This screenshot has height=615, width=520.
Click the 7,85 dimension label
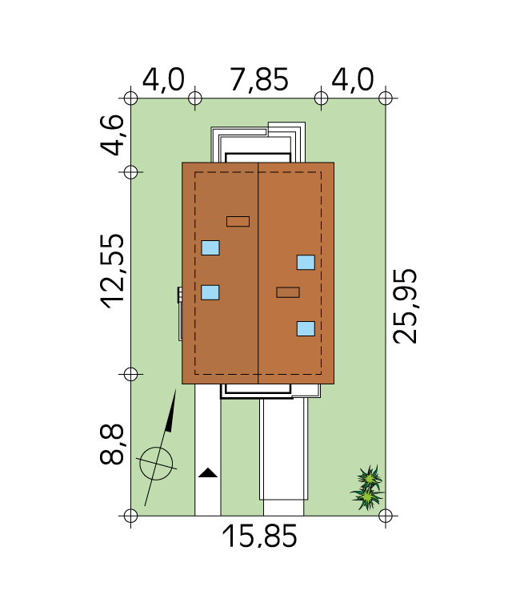pos(258,80)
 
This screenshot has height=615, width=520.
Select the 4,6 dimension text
pos(113,135)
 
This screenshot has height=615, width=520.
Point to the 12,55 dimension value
pos(113,271)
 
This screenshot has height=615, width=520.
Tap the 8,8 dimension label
pos(113,444)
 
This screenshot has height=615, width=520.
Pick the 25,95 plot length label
pos(405,307)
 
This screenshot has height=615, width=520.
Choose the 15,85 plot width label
pos(259,537)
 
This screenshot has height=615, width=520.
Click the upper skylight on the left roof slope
pos(210,248)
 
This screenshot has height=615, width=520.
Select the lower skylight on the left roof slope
pos(210,292)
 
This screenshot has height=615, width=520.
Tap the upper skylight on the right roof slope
pos(306,263)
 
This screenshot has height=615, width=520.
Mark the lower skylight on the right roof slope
pos(306,328)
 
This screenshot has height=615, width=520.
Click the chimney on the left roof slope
pos(238,222)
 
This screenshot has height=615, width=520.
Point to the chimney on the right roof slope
pos(288,292)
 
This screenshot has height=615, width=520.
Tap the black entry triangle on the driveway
pos(208,472)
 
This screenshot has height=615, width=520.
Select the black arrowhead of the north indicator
pos(171,411)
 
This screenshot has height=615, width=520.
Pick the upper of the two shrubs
pos(369,478)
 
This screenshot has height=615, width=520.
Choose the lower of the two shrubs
pos(367,497)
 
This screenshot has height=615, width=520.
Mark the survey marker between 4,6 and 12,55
pos(131,172)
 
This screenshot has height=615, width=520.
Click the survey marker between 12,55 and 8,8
pos(131,374)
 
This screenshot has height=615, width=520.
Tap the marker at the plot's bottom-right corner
pos(386,516)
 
